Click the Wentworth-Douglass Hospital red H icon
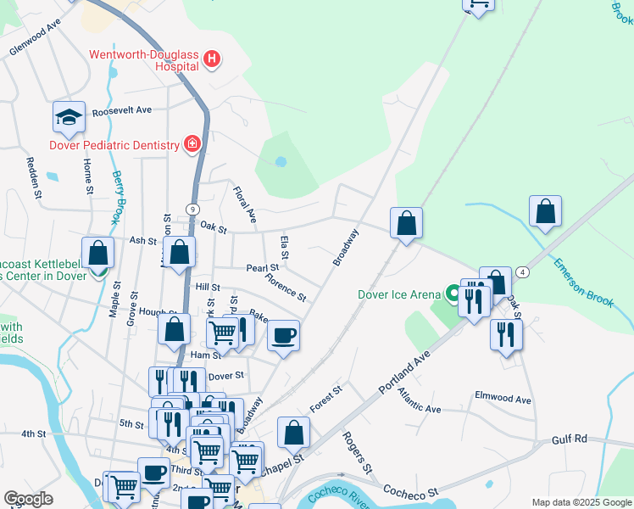pyautogui.click(x=212, y=59)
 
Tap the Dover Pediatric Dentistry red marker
pyautogui.click(x=193, y=144)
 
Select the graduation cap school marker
pyautogui.click(x=69, y=118)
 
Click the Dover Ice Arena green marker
pyautogui.click(x=453, y=294)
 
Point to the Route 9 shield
pyautogui.click(x=193, y=210)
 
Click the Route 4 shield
pyautogui.click(x=523, y=272)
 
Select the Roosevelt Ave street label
pyautogui.click(x=121, y=110)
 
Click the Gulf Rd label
pyautogui.click(x=569, y=439)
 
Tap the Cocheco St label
pyautogui.click(x=409, y=491)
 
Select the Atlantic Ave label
pyautogui.click(x=420, y=409)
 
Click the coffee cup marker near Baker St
pyautogui.click(x=283, y=333)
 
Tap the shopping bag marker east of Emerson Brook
pyautogui.click(x=546, y=212)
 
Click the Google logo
pyautogui.click(x=28, y=499)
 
